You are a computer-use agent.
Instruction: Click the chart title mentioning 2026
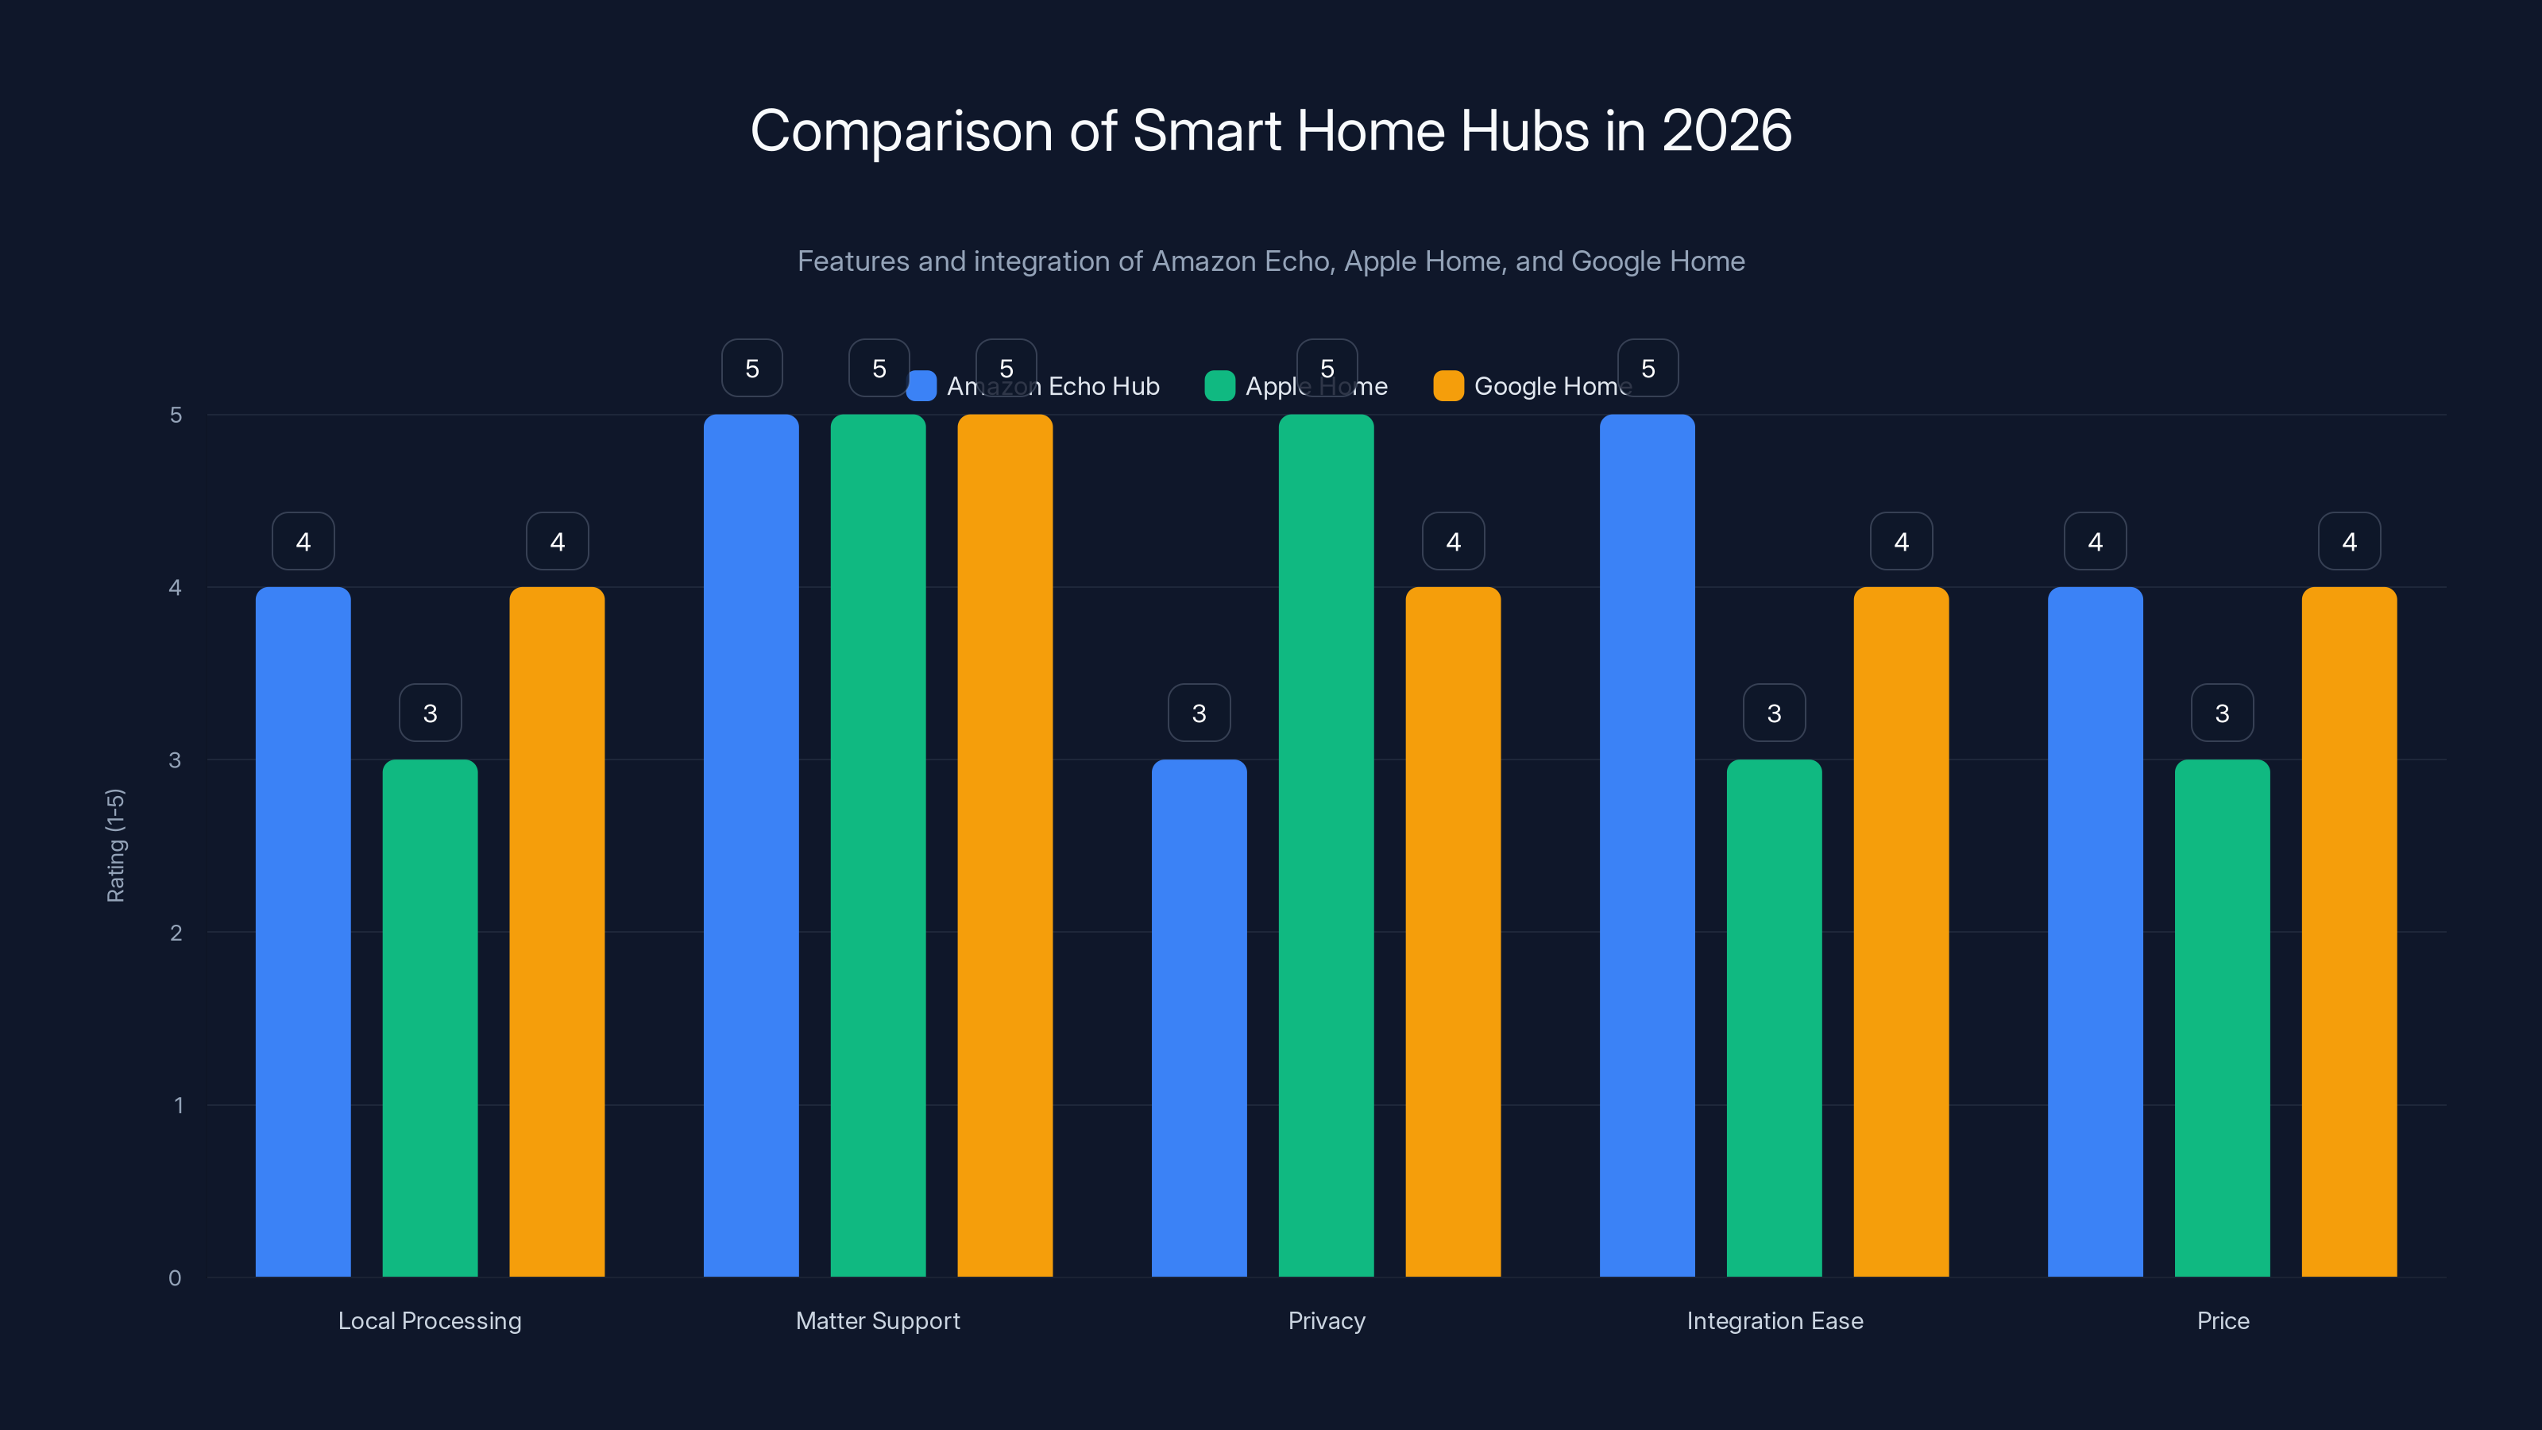1271,130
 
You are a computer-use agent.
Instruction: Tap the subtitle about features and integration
1271,261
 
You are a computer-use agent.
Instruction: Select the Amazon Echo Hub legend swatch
921,386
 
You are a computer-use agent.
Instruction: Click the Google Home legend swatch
1447,386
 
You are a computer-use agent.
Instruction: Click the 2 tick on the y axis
176,933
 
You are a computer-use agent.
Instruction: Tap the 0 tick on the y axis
176,1278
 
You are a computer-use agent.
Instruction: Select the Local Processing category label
429,1320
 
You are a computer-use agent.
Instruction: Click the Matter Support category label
877,1320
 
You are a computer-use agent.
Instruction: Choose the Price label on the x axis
2223,1320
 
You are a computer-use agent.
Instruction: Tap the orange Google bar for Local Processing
557,932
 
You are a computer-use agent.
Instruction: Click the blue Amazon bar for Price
2095,932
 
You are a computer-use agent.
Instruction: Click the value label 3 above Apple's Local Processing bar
429,713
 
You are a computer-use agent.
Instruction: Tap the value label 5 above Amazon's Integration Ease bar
1647,368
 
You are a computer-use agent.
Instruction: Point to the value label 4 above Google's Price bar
2349,541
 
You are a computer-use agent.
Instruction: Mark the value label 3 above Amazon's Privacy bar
1199,713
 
